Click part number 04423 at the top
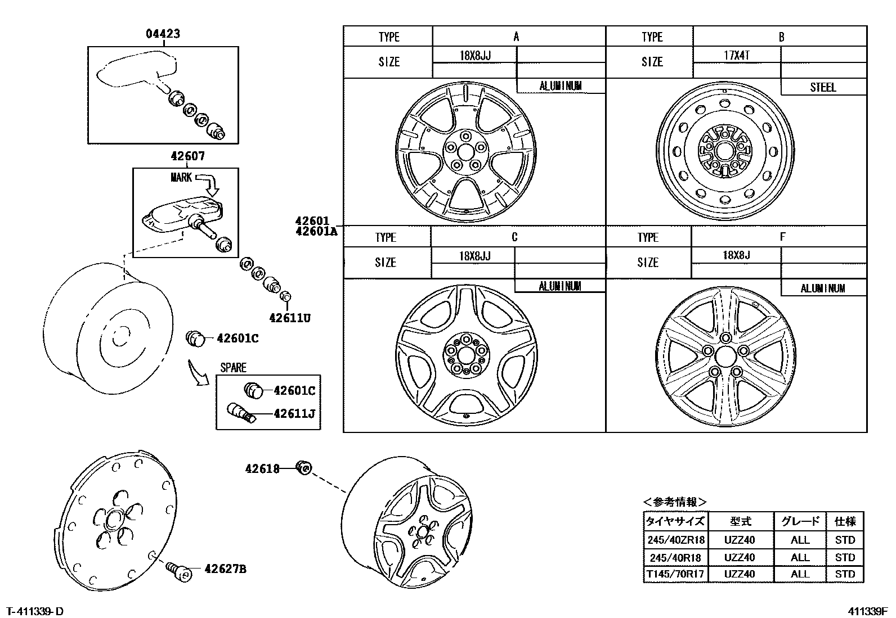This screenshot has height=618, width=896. coord(163,34)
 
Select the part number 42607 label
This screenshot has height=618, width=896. coord(187,156)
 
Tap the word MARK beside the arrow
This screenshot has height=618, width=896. coord(181,178)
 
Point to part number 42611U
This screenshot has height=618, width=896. coord(289,318)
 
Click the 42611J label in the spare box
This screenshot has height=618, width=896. coord(294,414)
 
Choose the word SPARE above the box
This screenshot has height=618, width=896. coord(233,368)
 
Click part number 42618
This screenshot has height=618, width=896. coord(262,468)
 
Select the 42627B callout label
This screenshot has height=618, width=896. coord(225,569)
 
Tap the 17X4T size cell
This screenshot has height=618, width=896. coord(736,55)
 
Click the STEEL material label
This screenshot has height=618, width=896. coord(823,87)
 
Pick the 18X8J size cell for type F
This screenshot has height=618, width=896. coord(736,255)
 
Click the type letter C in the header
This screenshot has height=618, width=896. coord(514,237)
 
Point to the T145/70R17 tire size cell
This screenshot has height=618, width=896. coord(675,574)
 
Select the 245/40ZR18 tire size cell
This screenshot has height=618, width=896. coord(675,540)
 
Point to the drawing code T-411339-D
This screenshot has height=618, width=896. coord(34,611)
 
